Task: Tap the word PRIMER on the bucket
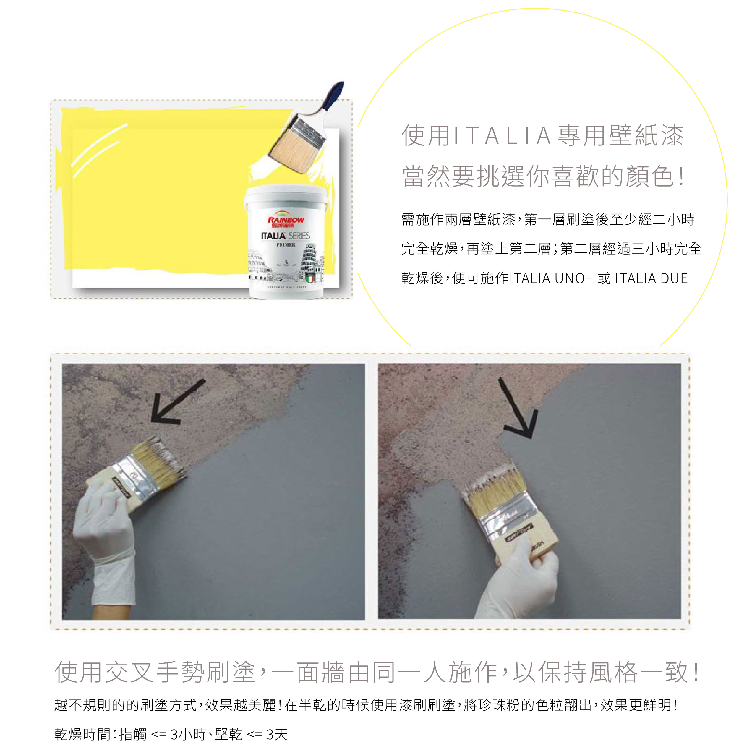click(x=286, y=245)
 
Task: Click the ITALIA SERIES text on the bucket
click(x=285, y=236)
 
